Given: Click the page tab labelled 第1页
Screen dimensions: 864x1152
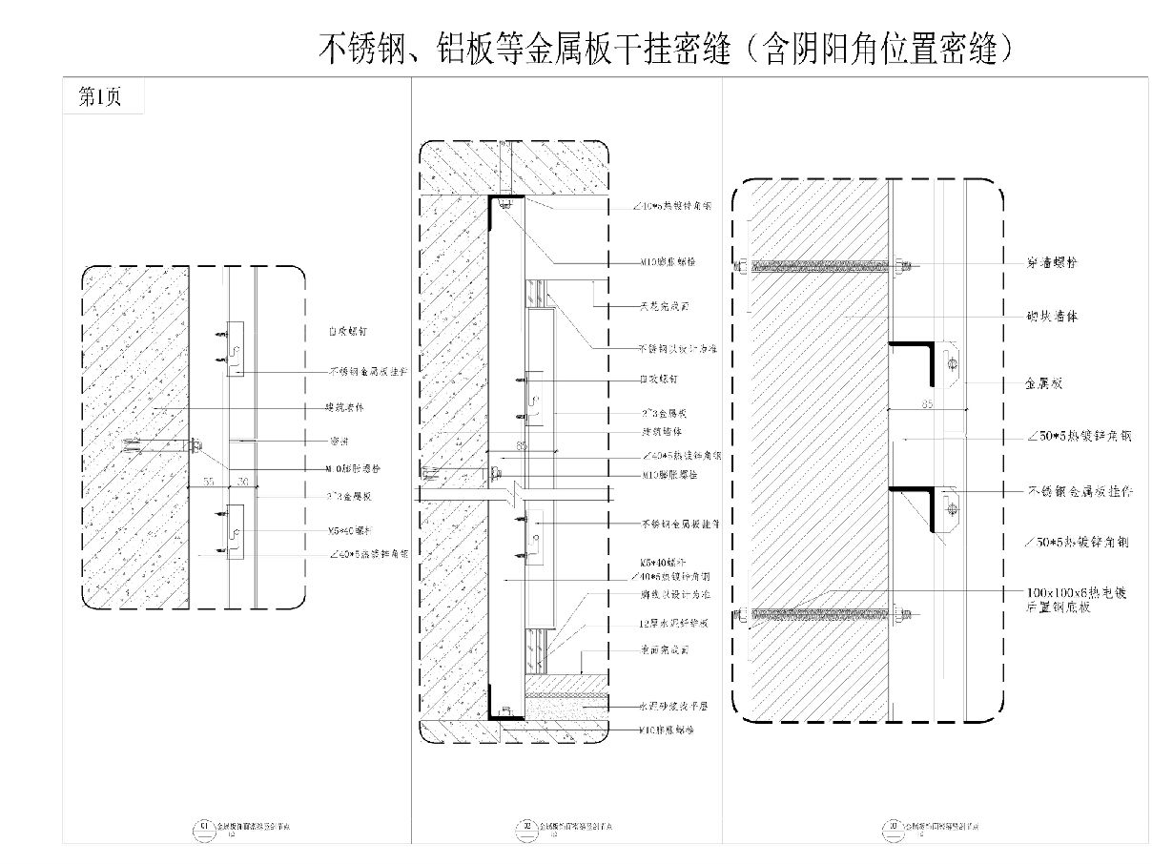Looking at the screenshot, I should (x=99, y=96).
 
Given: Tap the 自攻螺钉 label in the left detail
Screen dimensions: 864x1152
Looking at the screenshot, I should (x=348, y=331).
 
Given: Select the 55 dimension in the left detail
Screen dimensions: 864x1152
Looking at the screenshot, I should (x=208, y=481).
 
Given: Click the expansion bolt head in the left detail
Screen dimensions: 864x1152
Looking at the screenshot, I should (x=195, y=443).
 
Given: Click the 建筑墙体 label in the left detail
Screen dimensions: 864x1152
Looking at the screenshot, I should (x=346, y=407).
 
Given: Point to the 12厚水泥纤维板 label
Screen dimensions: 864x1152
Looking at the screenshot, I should (x=673, y=624).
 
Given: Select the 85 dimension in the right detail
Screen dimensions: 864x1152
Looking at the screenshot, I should (x=927, y=403).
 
